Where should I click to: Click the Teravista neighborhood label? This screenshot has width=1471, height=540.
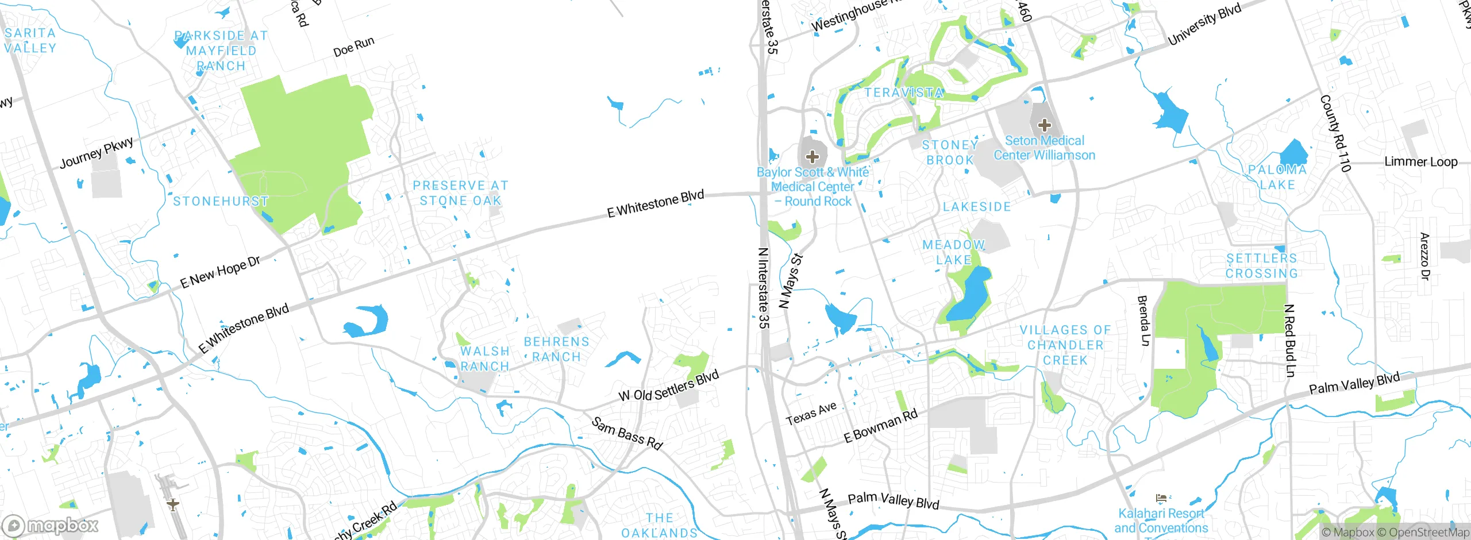904,92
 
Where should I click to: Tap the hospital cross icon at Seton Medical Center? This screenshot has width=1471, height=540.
1044,125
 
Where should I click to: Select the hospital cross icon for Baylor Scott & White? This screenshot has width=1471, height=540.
812,156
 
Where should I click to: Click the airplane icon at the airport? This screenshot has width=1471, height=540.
172,505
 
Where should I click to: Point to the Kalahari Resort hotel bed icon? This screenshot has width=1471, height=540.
1161,497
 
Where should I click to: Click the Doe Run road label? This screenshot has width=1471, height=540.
353,46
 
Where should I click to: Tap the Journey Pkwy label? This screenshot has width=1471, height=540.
97,152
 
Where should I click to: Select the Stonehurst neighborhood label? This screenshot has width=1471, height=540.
221,202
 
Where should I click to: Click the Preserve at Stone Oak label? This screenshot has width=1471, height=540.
460,193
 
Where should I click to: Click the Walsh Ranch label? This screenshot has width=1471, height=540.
485,358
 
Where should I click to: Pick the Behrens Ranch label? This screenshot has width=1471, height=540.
556,349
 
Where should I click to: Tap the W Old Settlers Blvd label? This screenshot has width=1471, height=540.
668,386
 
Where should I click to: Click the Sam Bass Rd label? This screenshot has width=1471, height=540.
627,433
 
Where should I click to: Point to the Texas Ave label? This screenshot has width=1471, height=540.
811,414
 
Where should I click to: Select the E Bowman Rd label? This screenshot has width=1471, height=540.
880,426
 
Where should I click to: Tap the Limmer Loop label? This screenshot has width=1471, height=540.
1420,161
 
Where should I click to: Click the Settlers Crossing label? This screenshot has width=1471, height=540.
1261,266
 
